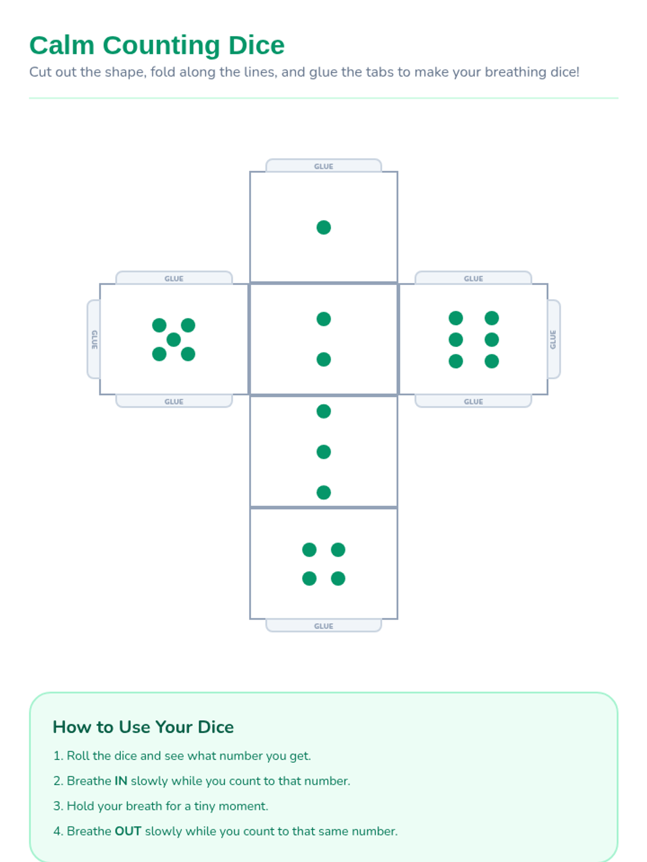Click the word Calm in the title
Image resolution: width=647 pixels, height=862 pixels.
(x=62, y=46)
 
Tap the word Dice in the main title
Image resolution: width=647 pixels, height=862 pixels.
(x=256, y=46)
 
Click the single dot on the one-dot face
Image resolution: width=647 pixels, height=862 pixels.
(x=323, y=227)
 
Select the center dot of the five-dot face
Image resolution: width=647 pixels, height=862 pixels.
(x=174, y=340)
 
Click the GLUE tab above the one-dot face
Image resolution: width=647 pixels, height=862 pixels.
(x=323, y=165)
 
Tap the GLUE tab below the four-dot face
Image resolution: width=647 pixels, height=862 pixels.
(x=323, y=625)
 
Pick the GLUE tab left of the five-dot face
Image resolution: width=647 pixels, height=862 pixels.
(x=94, y=339)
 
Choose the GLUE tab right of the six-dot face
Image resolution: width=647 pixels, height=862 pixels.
(x=553, y=339)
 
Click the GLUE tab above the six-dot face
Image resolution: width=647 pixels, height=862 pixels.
(x=473, y=277)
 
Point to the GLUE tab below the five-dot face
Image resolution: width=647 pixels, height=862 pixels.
(x=174, y=401)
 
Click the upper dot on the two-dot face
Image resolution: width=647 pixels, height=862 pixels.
(x=323, y=319)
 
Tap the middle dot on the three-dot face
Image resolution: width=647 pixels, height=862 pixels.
(x=323, y=451)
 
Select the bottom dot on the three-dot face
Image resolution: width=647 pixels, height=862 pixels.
(x=323, y=492)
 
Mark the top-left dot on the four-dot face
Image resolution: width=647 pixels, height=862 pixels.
(x=309, y=550)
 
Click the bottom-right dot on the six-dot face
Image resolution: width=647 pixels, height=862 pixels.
(x=491, y=361)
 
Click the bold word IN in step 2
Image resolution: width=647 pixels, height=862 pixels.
(x=121, y=781)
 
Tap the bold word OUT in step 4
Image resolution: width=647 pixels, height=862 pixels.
(x=128, y=831)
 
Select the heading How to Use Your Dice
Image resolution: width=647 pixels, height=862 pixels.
(x=143, y=727)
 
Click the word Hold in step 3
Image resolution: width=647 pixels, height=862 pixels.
(x=80, y=806)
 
